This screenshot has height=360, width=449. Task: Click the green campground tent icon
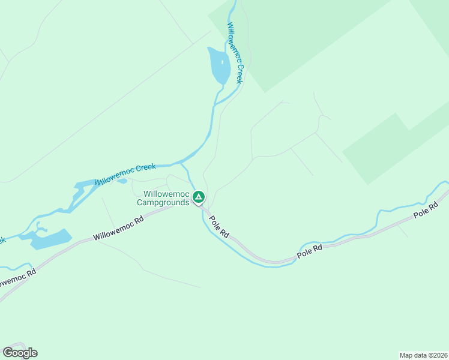point(199,197)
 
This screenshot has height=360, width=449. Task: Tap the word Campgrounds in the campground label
point(163,202)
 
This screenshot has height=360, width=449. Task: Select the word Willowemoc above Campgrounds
point(166,194)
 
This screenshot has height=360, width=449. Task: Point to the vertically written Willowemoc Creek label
point(235,52)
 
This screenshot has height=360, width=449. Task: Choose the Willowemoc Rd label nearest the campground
point(119,229)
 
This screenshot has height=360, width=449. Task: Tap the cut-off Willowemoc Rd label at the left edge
point(17,280)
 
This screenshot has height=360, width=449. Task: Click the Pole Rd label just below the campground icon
point(218,226)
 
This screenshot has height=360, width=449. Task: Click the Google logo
point(20,352)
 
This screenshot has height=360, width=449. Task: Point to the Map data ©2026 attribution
point(423,355)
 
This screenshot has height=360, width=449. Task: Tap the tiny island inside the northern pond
point(221,62)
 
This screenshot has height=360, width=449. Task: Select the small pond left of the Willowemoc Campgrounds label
point(122,181)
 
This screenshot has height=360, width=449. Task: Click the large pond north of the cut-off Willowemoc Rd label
point(49,239)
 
